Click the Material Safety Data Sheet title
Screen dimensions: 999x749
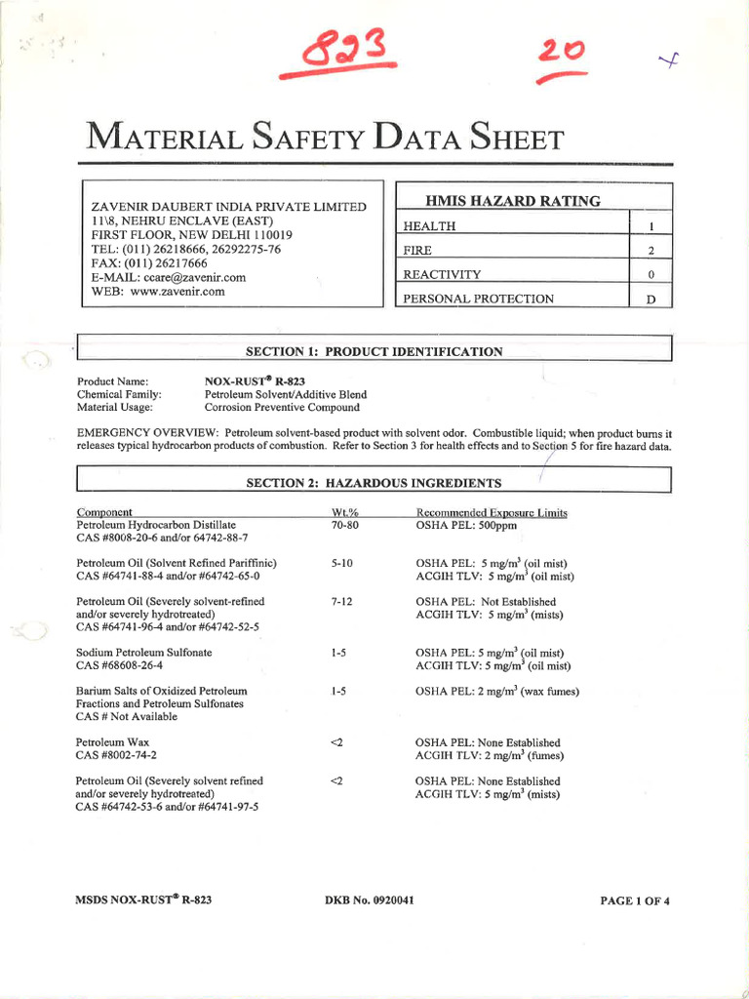click(x=326, y=138)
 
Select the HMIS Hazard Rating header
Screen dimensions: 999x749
click(x=513, y=202)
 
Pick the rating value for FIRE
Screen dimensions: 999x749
click(x=650, y=251)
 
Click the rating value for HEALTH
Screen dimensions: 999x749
click(x=650, y=227)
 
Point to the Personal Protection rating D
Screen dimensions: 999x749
click(x=650, y=300)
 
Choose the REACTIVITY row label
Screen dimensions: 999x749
click(x=442, y=275)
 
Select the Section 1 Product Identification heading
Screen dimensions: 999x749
click(x=374, y=351)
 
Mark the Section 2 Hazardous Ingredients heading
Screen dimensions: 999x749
click(x=374, y=483)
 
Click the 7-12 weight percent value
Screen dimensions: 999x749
click(x=340, y=602)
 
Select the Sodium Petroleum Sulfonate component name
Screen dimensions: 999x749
click(x=144, y=652)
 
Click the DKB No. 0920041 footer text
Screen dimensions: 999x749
click(x=370, y=899)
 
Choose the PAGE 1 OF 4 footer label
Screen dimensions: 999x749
click(x=635, y=900)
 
